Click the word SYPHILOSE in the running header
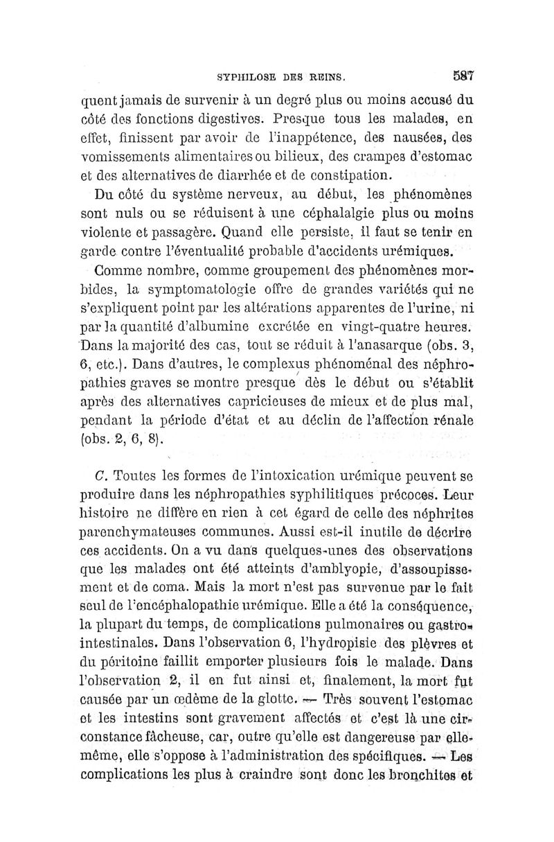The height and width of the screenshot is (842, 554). point(246,77)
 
